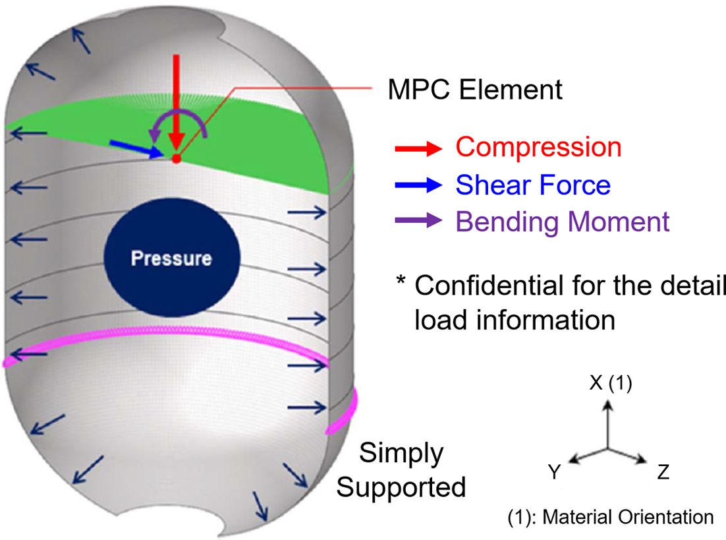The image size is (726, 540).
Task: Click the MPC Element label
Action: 474,89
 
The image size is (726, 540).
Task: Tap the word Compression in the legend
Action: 538,147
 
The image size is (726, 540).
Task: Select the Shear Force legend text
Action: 532,185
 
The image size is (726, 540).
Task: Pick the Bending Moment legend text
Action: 562,222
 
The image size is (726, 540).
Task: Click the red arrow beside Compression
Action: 416,148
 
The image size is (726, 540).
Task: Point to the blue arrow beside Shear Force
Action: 416,186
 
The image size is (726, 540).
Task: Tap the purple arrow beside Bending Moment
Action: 416,223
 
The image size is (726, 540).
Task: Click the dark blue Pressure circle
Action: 171,256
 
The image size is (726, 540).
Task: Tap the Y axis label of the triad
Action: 555,472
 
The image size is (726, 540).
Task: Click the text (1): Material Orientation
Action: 609,517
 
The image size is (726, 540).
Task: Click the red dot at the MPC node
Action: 176,158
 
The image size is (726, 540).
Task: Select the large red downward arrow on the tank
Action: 176,105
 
